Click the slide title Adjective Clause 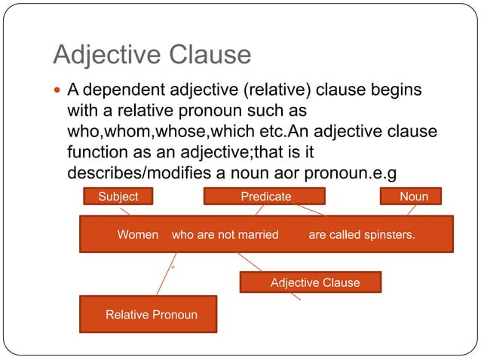click(152, 54)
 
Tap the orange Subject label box click(118, 197)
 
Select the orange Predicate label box click(265, 197)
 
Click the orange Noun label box click(413, 197)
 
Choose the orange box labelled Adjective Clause click(311, 282)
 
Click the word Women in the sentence click(138, 235)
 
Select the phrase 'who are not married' click(225, 235)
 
